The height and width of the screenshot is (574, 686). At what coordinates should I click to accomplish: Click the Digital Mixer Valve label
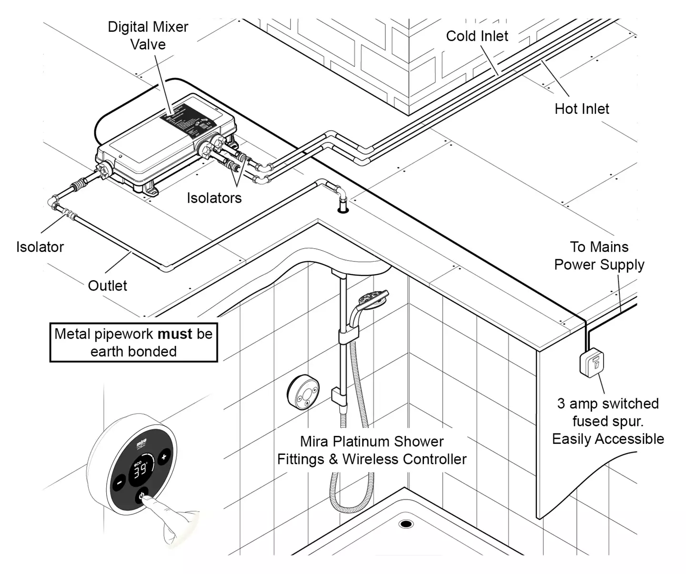point(148,35)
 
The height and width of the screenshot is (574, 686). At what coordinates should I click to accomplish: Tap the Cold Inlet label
point(477,36)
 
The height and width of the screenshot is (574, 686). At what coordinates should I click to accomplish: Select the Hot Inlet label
point(582,109)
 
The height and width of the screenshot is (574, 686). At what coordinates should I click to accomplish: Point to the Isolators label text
point(214,198)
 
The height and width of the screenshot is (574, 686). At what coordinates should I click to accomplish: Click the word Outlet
point(108,285)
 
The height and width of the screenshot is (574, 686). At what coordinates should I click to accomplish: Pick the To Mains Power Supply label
point(599,255)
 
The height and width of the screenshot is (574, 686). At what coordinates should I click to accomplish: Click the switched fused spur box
point(591,363)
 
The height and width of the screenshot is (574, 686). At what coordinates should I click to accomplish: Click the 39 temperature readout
point(141,471)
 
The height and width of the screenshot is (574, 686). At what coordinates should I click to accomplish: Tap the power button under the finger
point(142,496)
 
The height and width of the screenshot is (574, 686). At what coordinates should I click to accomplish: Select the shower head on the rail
point(373,299)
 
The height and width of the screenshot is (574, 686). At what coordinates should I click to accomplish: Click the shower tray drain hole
point(406,524)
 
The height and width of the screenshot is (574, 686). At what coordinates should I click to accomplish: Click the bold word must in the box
point(175,334)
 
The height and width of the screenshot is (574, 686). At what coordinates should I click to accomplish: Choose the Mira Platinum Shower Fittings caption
point(372,450)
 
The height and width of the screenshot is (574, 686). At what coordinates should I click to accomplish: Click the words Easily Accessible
point(608,439)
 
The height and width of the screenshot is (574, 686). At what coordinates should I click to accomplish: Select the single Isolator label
point(40,247)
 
